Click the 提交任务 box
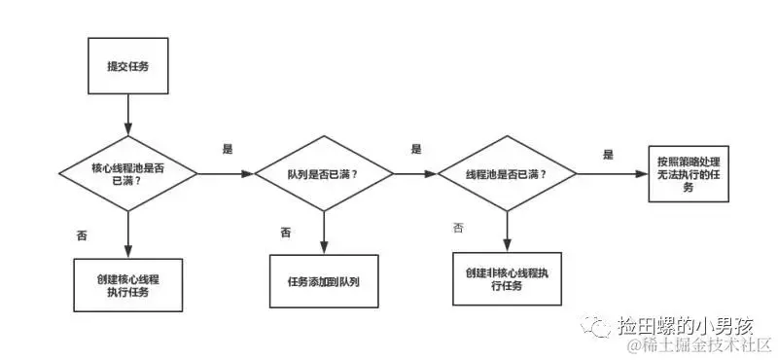pos(127,66)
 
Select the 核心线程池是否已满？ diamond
pos(127,173)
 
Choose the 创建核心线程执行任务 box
pos(127,284)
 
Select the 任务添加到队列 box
pos(324,282)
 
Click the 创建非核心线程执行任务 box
pos(507,278)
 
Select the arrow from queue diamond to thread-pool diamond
pos(415,174)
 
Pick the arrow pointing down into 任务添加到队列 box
pos(324,234)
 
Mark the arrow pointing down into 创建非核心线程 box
pos(507,232)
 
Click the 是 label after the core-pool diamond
pos(229,149)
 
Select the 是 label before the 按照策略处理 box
pos(609,154)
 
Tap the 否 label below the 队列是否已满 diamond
pos(286,232)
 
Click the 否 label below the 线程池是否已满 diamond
pos(458,228)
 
